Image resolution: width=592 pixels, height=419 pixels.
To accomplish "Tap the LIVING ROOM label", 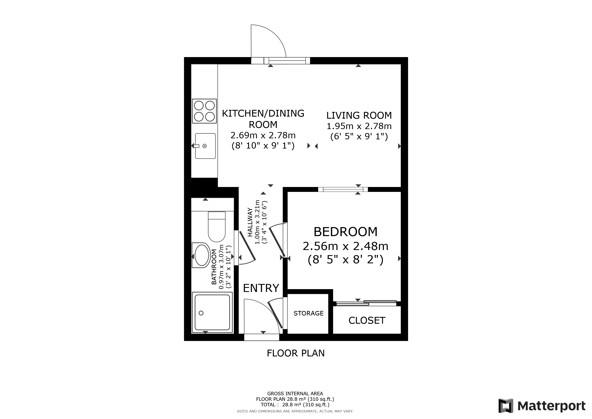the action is pos(359,115).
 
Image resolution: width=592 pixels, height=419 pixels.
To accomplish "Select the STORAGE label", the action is pos(308,313).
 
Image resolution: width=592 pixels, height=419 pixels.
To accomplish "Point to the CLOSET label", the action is pos(367,320).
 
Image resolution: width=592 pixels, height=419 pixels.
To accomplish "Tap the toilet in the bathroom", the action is pos(217,226).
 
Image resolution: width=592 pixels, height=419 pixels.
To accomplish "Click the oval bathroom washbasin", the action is pos(202,255).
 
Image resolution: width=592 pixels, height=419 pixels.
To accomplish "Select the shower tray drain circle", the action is pos(201,313).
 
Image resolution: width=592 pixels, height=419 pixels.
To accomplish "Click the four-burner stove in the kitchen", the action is pos(204,111).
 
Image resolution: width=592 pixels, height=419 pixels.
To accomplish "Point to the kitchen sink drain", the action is pos(204,146).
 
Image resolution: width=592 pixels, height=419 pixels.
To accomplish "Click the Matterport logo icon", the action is pos(506,406).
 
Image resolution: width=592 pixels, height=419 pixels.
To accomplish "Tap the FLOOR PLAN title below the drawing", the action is pos(296,353).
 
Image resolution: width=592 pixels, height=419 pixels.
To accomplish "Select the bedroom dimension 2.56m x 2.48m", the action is pos(345,246).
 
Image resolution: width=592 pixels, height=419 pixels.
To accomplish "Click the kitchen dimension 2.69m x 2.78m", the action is pos(263,135).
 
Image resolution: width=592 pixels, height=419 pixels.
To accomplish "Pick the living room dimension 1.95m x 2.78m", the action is pos(359,126).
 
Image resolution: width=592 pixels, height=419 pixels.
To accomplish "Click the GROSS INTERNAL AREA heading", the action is pos(295,394).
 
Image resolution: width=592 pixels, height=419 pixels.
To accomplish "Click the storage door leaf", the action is pos(275,317).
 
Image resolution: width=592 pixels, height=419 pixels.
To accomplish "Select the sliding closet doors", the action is pos(366,303).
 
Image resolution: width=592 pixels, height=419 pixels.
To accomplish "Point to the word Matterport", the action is pos(552,406).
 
